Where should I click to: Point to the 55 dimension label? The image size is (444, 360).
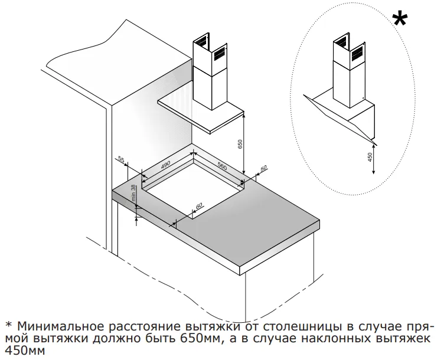pyautogui.click(x=122, y=160)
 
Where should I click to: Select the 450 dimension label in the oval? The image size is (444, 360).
pyautogui.click(x=370, y=158)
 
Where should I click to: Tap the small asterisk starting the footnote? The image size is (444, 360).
pyautogui.click(x=8, y=326)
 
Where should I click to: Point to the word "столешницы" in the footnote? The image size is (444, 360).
pyautogui.click(x=307, y=326)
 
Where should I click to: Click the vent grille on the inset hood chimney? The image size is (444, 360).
pyautogui.click(x=358, y=54)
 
